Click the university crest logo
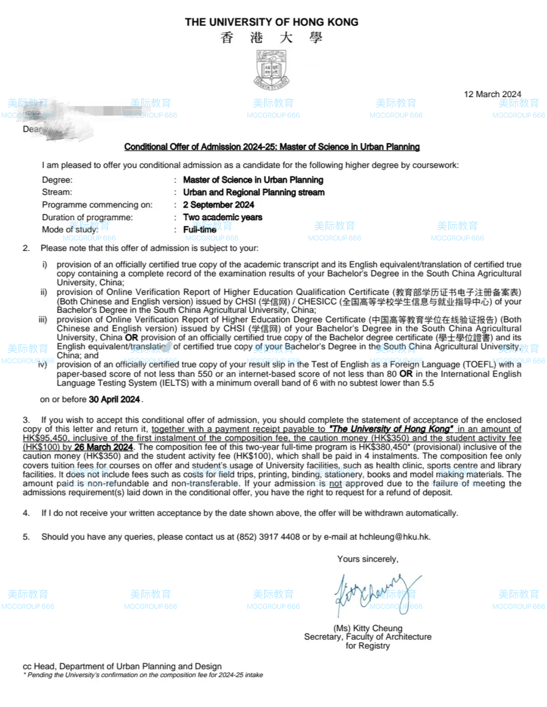click(272, 70)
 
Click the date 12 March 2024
click(492, 94)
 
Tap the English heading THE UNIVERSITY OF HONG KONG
click(272, 22)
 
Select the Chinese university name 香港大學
click(272, 38)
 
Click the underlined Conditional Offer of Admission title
click(272, 147)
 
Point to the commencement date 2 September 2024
click(218, 205)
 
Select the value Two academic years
click(223, 217)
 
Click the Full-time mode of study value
click(199, 230)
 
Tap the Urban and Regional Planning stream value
click(254, 192)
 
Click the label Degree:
click(57, 180)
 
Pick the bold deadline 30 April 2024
click(114, 400)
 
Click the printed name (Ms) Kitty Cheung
click(368, 628)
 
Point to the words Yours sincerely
click(367, 559)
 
